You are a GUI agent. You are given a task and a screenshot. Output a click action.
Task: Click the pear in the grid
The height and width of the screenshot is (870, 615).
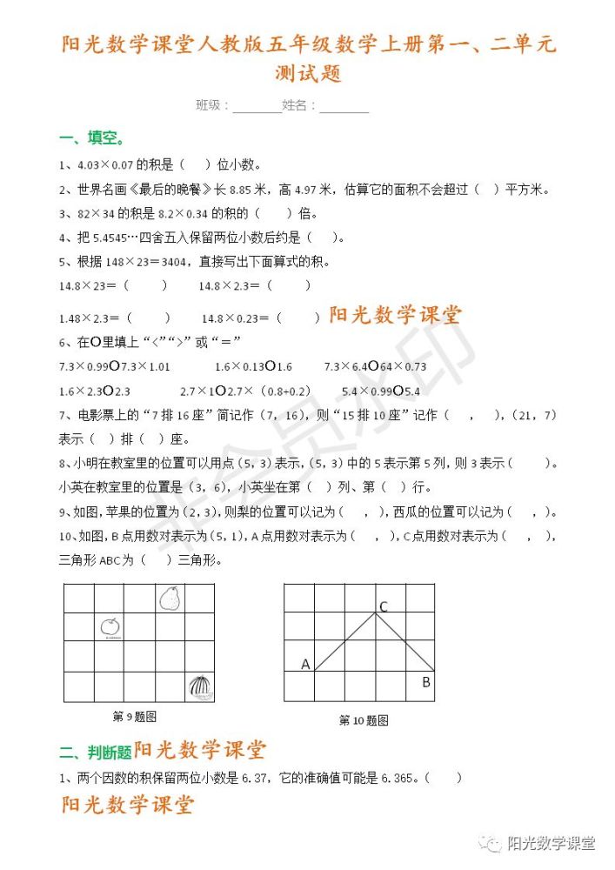click(170, 599)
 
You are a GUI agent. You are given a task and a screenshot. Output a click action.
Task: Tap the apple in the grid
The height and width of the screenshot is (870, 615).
click(110, 626)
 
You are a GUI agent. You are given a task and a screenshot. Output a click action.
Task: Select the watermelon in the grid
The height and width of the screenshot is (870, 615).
click(199, 686)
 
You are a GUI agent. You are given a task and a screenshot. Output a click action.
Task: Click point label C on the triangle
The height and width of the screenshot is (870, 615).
click(383, 606)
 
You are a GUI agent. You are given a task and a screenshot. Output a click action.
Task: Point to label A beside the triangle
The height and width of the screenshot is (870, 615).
click(305, 665)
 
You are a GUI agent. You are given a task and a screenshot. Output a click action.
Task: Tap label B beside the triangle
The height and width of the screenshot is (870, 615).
click(426, 682)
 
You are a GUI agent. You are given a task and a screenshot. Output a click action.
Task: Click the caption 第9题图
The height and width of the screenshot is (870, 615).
click(134, 717)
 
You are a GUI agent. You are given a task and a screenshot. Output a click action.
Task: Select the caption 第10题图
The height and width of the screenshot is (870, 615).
click(363, 720)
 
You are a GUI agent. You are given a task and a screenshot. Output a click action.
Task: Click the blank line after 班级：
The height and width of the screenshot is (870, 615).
click(257, 107)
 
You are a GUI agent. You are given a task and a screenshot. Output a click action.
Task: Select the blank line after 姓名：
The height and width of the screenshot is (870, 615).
click(344, 107)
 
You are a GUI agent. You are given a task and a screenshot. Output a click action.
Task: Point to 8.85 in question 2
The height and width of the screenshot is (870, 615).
click(244, 189)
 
